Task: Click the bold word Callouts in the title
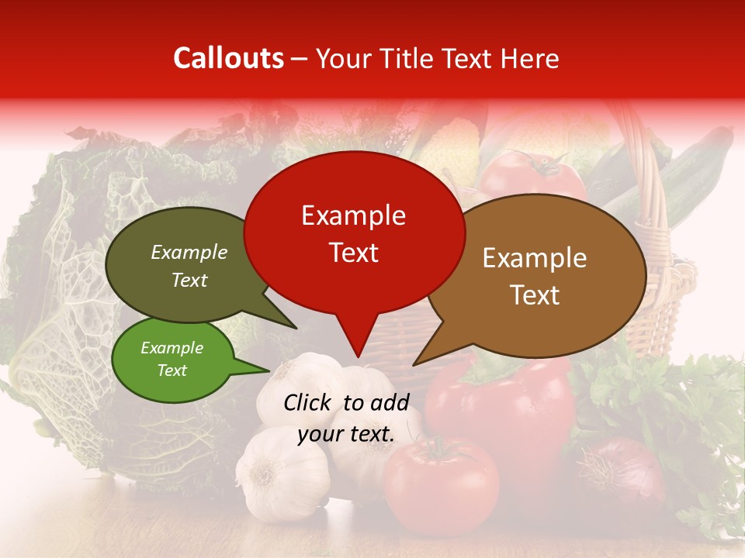[x=228, y=58]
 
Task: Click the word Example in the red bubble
[x=353, y=215]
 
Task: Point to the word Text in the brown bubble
[x=535, y=294]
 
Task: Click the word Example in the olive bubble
[x=189, y=253]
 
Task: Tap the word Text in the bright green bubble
[x=172, y=370]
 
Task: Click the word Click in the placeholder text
[x=309, y=402]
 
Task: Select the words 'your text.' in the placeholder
[x=346, y=434]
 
